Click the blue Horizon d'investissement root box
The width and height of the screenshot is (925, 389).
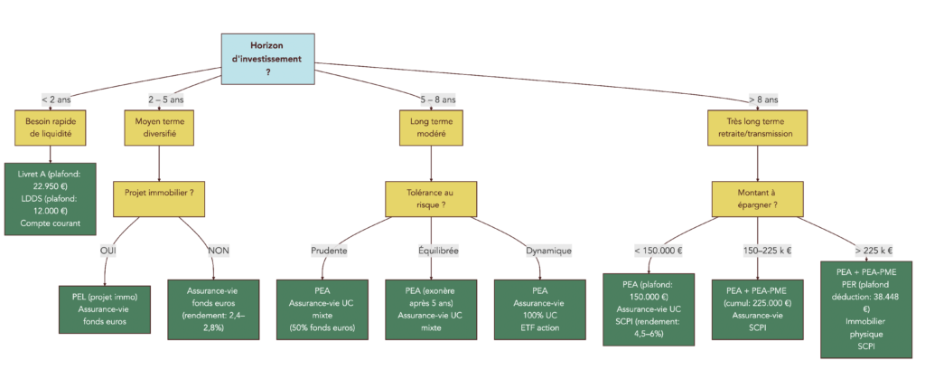tap(268, 58)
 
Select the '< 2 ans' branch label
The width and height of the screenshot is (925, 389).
tap(55, 100)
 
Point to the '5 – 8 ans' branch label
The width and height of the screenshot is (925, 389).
tap(438, 100)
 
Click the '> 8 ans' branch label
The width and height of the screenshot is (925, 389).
tap(762, 100)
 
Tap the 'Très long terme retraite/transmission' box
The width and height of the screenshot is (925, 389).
tap(756, 127)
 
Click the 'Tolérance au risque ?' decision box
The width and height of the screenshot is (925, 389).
tap(430, 198)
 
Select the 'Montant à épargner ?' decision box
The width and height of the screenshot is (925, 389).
tap(756, 198)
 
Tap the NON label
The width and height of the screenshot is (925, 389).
tap(219, 251)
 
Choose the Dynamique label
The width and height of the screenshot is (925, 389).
tap(548, 251)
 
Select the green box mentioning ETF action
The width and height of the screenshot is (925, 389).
tap(539, 308)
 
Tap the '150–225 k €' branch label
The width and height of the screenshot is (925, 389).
tap(755, 251)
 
